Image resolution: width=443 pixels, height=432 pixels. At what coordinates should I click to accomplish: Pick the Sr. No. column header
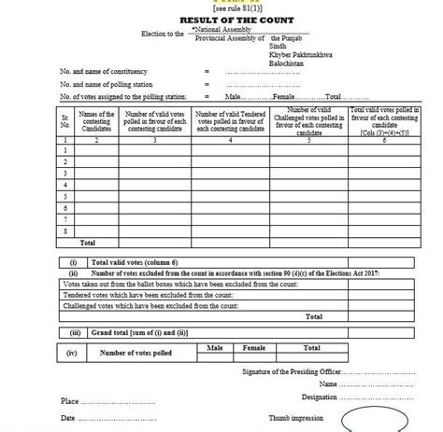point(64,120)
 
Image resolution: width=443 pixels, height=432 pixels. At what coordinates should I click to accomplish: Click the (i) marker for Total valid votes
point(72,262)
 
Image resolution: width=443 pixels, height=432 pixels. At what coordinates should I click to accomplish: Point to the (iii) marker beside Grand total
point(72,330)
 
